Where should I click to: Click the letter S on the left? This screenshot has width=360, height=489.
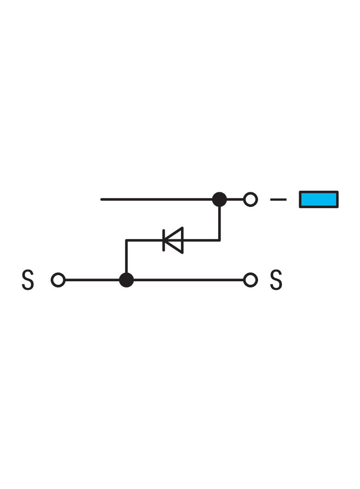click(28, 280)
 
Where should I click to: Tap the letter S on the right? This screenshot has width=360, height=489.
click(276, 280)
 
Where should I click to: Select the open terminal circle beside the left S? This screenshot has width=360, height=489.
click(58, 280)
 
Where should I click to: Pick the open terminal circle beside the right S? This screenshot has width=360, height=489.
click(250, 280)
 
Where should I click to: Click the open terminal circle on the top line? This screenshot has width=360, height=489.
click(250, 200)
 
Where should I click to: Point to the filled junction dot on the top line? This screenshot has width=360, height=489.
click(219, 200)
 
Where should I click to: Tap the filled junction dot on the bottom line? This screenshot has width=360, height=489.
click(126, 280)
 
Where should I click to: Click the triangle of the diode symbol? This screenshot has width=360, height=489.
click(175, 240)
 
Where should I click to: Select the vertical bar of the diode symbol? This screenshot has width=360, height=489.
click(164, 240)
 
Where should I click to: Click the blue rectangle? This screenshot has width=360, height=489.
click(319, 200)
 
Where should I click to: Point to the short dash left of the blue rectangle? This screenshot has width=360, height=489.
click(278, 200)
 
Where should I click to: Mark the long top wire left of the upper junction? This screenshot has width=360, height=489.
click(156, 200)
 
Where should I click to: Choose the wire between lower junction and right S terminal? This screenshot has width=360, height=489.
click(188, 280)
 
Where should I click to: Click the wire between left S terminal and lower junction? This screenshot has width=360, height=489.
click(92, 280)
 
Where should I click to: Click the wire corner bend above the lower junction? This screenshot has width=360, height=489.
click(126, 240)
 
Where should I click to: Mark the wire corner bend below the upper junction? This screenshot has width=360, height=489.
click(219, 240)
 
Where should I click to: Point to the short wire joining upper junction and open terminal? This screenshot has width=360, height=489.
click(235, 200)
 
